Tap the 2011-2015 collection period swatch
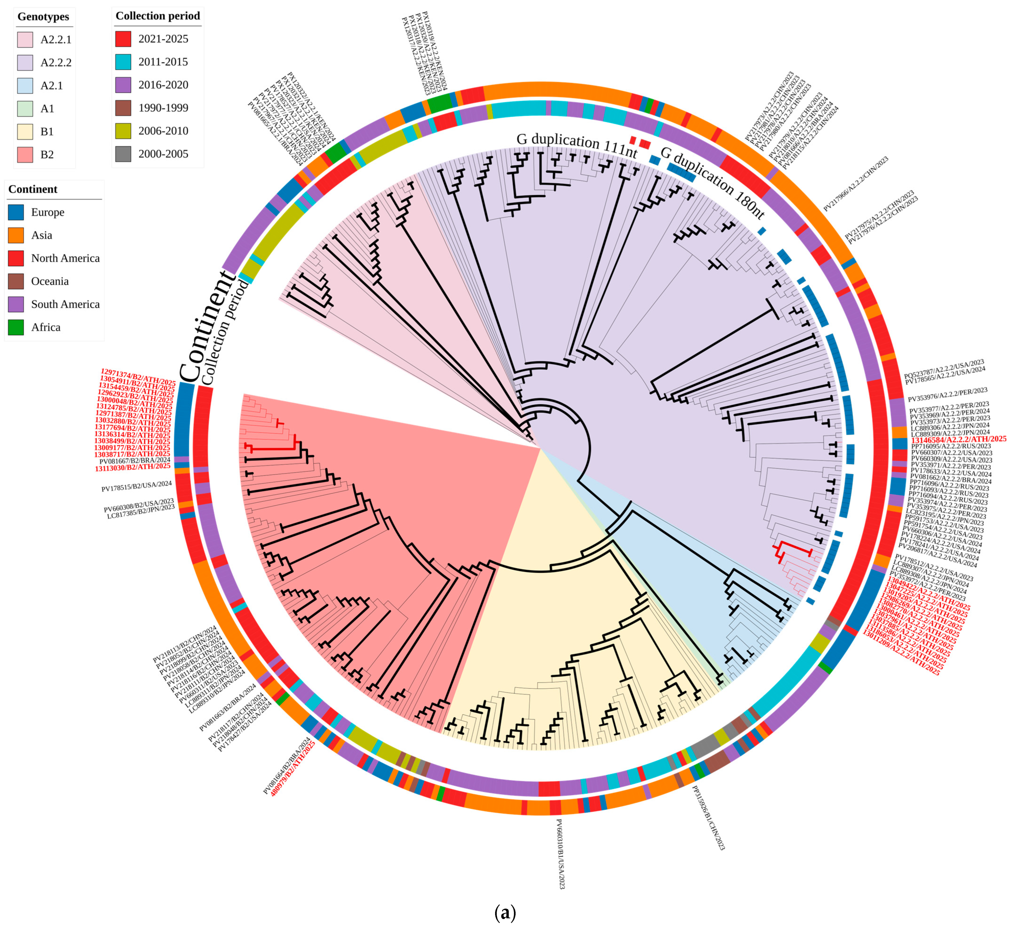pos(123,62)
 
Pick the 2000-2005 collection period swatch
pos(123,154)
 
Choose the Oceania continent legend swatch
pos(15,281)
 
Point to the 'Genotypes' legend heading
pos(43,17)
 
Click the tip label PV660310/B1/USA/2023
pos(561,854)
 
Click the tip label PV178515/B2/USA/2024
pos(136,486)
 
